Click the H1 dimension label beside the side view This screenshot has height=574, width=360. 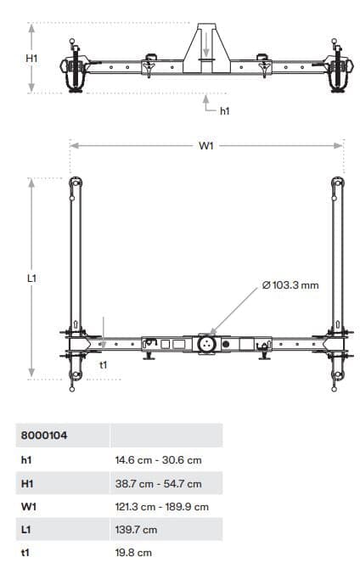pos(32,59)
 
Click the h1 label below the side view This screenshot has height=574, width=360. pos(225,110)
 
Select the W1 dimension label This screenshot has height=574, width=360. pos(206,146)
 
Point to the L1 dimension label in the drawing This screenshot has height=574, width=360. pos(32,278)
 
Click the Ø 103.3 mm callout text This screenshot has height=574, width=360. pos(291,284)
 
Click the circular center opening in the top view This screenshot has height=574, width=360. pos(205,344)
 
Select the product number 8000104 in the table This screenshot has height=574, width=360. pos(44,436)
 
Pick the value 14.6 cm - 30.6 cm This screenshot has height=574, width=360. pos(158,460)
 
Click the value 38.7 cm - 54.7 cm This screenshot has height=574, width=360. pos(158,484)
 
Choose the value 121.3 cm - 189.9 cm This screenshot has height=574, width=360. pos(161,507)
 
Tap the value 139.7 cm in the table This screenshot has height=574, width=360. pos(136,530)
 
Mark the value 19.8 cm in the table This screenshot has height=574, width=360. pos(133,553)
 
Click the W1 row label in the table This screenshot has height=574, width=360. pos(27,507)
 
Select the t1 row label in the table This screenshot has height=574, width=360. pos(25,553)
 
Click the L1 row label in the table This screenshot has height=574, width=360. pos(25,530)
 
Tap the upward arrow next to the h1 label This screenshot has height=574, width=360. pos(206,102)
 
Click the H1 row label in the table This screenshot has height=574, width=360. pos(26,484)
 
